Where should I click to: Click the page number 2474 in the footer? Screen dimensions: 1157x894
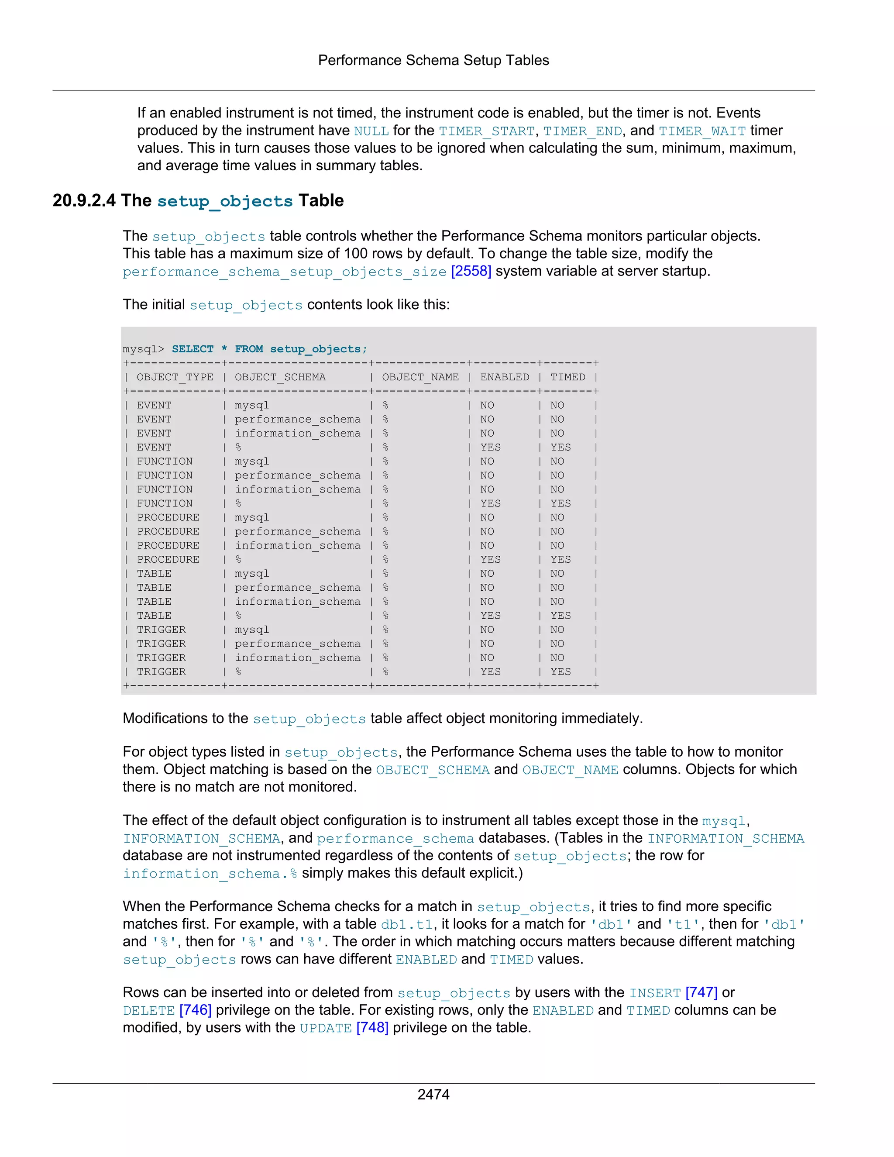433,1094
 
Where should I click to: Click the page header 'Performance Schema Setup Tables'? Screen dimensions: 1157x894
433,60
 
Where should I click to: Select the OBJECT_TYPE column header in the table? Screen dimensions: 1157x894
175,377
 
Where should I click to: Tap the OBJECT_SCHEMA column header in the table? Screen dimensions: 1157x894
280,377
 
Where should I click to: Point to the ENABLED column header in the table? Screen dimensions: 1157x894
504,377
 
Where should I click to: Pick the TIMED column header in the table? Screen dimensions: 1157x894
568,377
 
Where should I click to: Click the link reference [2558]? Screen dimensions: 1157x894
471,271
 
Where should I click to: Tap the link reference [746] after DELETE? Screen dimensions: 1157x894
196,1010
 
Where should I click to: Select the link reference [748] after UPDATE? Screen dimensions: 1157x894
372,1027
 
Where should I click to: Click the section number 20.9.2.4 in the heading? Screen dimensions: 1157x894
84,201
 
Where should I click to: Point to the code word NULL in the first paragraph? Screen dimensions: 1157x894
371,131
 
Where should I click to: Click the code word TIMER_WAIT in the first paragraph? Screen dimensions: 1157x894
702,131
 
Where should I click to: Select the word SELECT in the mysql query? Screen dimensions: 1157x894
192,348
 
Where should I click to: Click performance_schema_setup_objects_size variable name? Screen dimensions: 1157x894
285,272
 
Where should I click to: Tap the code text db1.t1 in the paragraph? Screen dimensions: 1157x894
407,924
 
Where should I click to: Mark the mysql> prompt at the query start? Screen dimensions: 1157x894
143,348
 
